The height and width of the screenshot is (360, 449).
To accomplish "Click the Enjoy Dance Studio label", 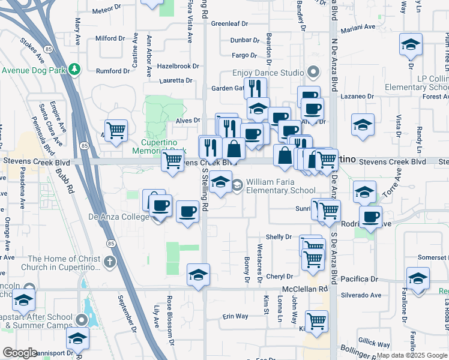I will point(268,73).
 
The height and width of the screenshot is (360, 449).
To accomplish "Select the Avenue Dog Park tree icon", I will point(74,69).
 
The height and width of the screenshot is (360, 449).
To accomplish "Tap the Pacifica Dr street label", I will point(358,280).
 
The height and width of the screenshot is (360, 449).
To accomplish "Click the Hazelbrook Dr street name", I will point(178,66).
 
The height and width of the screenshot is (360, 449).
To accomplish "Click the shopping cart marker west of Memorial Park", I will point(116,129).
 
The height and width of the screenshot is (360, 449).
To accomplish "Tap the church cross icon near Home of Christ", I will point(109,262).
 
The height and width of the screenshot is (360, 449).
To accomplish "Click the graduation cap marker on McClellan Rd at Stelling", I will point(198,275).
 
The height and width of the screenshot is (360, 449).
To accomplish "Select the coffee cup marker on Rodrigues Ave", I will point(370,217).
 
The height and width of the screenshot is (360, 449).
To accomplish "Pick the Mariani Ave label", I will point(358,28).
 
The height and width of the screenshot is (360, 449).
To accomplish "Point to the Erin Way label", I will point(235,316).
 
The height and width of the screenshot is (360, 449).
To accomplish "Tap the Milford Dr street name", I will point(110,38).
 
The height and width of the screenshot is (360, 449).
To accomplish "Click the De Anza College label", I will point(118,217).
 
